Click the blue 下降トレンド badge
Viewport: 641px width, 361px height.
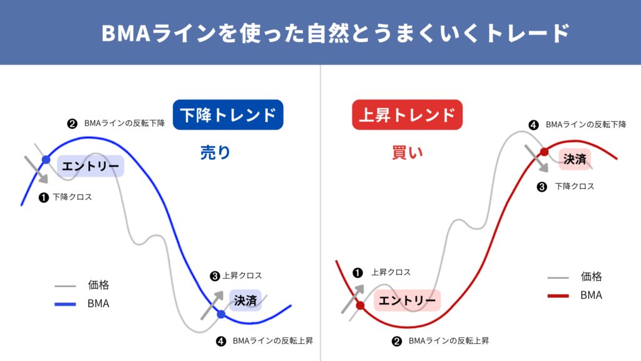click(x=228, y=115)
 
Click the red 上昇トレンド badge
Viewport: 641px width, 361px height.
click(x=407, y=115)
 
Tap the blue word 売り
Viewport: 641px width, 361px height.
click(x=215, y=152)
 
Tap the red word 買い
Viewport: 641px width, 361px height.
click(x=407, y=153)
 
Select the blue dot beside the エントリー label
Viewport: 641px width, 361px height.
click(x=46, y=160)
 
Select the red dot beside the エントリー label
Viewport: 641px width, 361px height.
click(x=360, y=305)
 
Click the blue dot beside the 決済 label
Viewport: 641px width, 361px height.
click(x=221, y=315)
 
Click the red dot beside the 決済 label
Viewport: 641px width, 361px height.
click(x=544, y=152)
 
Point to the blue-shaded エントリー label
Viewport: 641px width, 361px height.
click(x=90, y=166)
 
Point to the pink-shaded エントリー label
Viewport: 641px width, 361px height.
click(x=407, y=300)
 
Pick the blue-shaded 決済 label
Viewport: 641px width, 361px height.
click(x=245, y=300)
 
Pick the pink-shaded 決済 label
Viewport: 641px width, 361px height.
click(x=575, y=159)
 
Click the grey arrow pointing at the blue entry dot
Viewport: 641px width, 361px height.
click(x=36, y=169)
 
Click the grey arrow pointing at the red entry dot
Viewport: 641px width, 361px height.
click(x=352, y=299)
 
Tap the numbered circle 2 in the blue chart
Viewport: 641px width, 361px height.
click(x=73, y=123)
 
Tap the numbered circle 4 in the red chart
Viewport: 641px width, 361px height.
click(x=533, y=125)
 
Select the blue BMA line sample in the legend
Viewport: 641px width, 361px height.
click(x=65, y=304)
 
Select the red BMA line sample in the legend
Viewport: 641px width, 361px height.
click(x=558, y=296)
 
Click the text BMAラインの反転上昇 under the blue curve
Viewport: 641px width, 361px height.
click(x=273, y=340)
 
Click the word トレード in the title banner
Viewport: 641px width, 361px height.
click(x=528, y=33)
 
